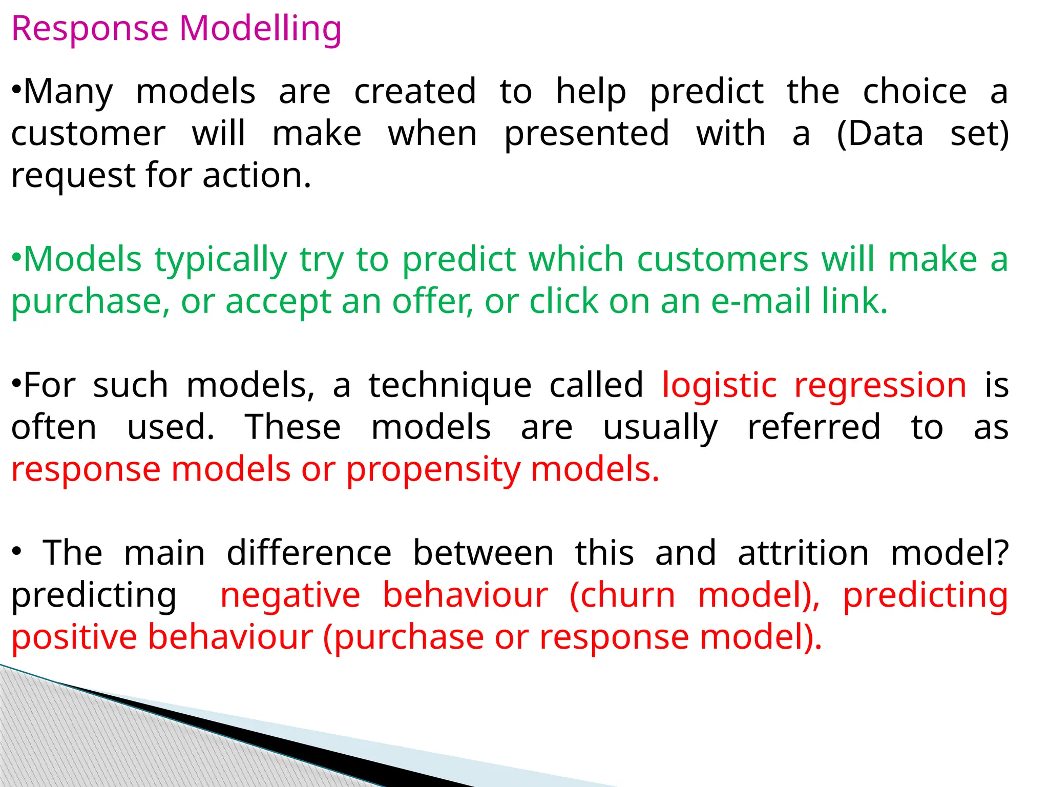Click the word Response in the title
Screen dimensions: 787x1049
point(90,29)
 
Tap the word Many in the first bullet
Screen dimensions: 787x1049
point(68,92)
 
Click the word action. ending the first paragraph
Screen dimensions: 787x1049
point(257,176)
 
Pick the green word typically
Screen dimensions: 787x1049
point(221,260)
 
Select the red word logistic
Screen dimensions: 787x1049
point(719,385)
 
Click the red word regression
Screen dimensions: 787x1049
point(880,386)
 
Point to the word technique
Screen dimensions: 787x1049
point(450,386)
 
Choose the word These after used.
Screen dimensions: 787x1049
point(293,427)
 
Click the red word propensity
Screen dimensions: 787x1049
point(433,470)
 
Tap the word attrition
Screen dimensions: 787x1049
point(803,553)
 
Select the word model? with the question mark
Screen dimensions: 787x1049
point(949,553)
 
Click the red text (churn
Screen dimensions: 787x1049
point(622,595)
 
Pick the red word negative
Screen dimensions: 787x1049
point(290,595)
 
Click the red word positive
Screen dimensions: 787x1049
point(74,637)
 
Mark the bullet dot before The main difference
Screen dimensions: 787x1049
point(16,552)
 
